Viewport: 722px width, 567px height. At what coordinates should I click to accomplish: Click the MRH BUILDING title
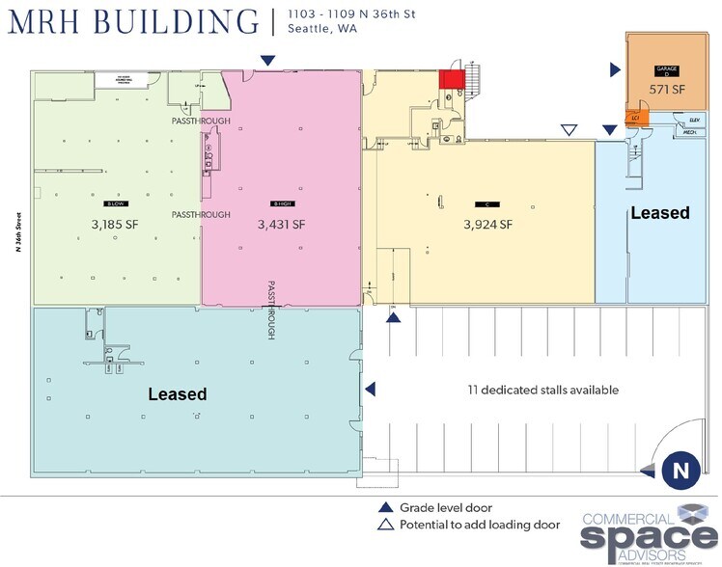(133, 21)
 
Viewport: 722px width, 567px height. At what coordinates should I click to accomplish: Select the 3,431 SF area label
(281, 224)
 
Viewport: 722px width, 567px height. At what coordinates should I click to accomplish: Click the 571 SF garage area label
(666, 89)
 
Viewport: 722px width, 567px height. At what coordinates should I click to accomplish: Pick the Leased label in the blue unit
(660, 212)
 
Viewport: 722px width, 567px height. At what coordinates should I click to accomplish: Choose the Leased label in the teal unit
(178, 394)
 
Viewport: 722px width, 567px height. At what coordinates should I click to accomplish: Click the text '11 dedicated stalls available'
(537, 391)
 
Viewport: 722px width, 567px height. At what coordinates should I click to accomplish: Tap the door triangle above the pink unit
(266, 61)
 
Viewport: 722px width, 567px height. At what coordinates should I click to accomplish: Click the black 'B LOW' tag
(116, 204)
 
